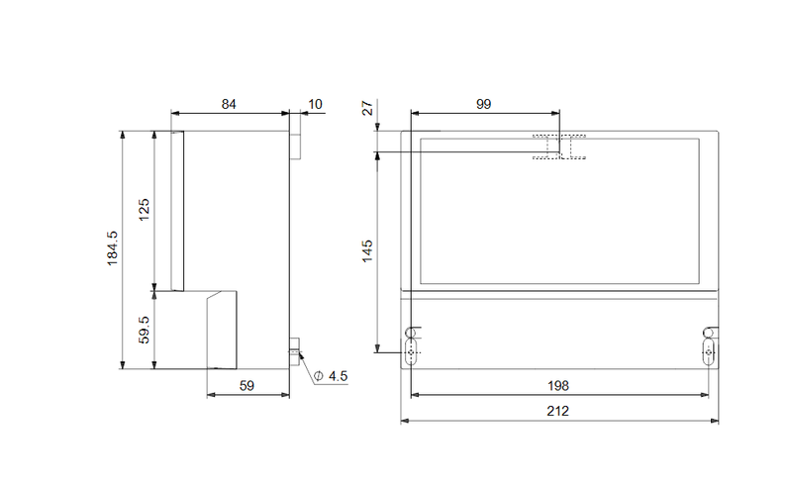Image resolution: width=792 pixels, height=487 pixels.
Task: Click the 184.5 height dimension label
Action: point(112,248)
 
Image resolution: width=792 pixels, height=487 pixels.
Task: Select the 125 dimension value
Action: point(144,210)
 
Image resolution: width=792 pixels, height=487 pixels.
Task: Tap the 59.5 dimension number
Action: point(144,330)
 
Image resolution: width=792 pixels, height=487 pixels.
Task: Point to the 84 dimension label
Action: point(229,104)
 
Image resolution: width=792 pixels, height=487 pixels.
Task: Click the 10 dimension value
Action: point(315,104)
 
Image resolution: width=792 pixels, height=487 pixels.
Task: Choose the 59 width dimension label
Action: point(247,386)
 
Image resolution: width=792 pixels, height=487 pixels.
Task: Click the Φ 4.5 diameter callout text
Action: point(331,376)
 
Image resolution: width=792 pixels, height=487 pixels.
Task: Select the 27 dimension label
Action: point(367,108)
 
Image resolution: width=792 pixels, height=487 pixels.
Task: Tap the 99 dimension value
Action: point(483,104)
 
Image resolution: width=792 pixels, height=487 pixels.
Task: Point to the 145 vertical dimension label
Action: point(367,251)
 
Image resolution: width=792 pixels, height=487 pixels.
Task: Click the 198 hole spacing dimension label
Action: point(558,386)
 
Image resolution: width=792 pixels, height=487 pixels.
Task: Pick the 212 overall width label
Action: point(557,411)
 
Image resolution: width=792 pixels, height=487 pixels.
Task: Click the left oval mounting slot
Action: point(411,351)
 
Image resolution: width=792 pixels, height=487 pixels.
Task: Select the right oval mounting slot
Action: point(709,351)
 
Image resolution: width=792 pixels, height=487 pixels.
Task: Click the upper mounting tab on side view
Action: point(295,145)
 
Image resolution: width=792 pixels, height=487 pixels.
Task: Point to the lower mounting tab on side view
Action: point(294,351)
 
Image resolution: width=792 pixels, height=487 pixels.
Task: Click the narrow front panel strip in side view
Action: point(177,211)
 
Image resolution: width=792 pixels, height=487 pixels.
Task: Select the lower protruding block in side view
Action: point(222,330)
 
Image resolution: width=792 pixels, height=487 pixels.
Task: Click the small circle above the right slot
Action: point(708,333)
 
